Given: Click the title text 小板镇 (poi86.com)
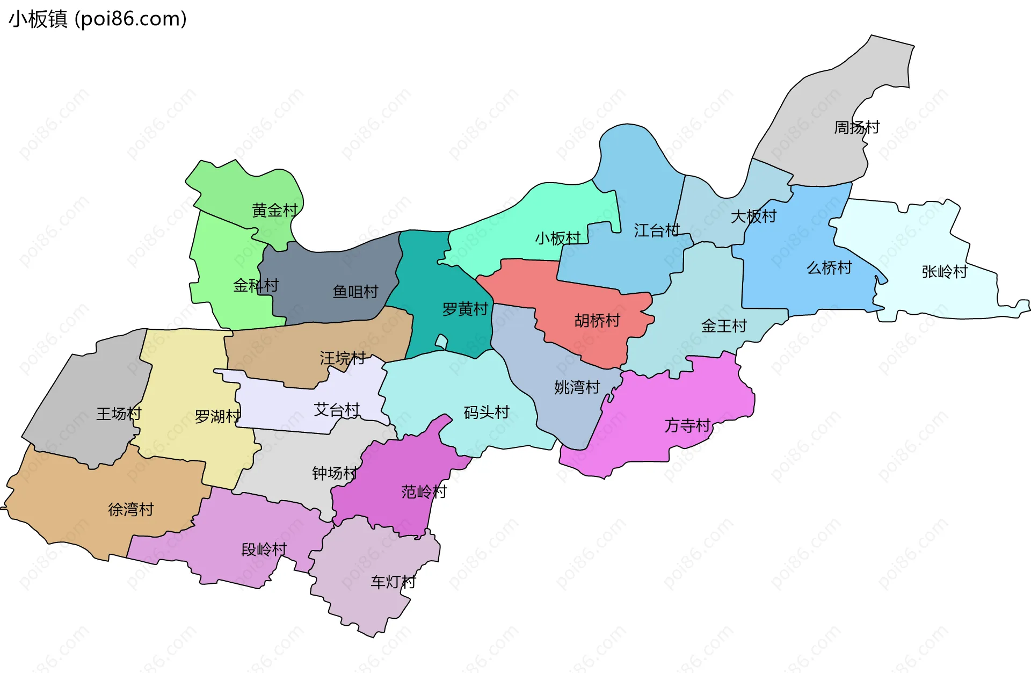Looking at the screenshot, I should [x=98, y=19].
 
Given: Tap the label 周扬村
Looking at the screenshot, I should [x=856, y=127].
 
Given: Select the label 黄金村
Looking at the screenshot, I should [x=274, y=210].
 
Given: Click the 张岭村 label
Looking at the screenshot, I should [x=945, y=272].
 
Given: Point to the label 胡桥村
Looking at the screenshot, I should [x=597, y=321].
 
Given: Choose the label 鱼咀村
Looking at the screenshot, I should [x=355, y=292].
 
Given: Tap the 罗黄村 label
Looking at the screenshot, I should [x=465, y=309].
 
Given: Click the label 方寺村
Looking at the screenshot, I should [x=687, y=425].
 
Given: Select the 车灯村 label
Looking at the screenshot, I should [x=393, y=582].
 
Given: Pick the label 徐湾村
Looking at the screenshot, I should [x=131, y=509].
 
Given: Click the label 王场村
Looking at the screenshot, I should [x=119, y=414].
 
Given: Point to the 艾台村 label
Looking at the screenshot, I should [x=337, y=410].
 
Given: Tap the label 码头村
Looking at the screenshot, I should [x=487, y=412].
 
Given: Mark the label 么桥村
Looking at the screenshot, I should [x=829, y=267].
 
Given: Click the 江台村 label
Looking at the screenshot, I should [x=657, y=230].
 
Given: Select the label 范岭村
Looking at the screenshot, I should [x=424, y=491].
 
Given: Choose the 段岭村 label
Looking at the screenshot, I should [x=264, y=549].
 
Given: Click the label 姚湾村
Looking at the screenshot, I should [x=577, y=387].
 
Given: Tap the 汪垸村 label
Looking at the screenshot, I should [x=343, y=358].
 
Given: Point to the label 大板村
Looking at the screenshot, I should [x=753, y=216].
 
